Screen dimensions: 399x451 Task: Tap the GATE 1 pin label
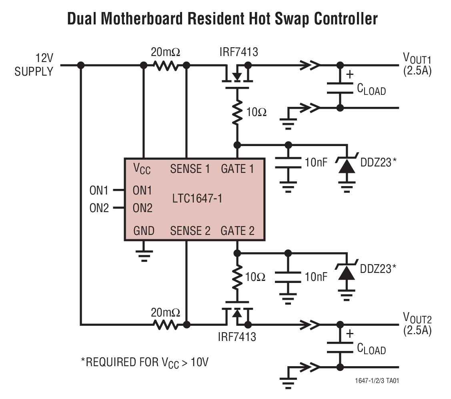237,169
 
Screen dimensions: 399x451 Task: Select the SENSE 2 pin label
190,231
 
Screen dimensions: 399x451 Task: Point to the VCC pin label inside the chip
142,169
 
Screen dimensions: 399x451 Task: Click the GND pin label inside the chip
144,231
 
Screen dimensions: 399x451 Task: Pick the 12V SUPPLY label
34,65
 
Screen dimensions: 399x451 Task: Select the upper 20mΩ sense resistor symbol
165,65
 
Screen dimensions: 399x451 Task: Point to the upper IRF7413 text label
239,52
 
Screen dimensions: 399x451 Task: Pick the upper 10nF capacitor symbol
288,162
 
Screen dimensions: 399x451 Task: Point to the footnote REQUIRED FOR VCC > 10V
144,363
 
